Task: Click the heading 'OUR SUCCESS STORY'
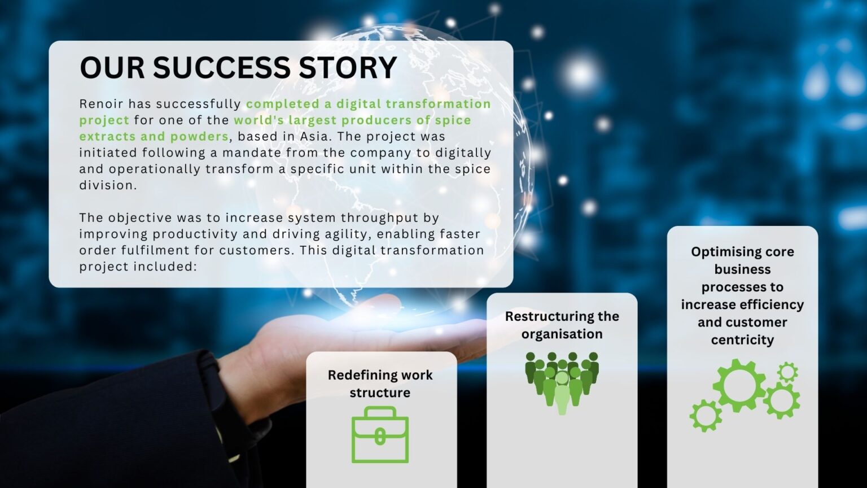238,68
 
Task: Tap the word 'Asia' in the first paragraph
318,137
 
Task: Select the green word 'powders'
200,137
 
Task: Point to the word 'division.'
108,185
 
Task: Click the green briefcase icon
380,435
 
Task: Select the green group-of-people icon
562,381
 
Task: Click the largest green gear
739,385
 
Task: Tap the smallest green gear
787,372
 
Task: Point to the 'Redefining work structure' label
380,384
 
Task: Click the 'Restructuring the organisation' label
562,325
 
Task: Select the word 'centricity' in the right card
742,340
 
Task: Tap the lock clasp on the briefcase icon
380,437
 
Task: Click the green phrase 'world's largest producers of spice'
352,120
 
